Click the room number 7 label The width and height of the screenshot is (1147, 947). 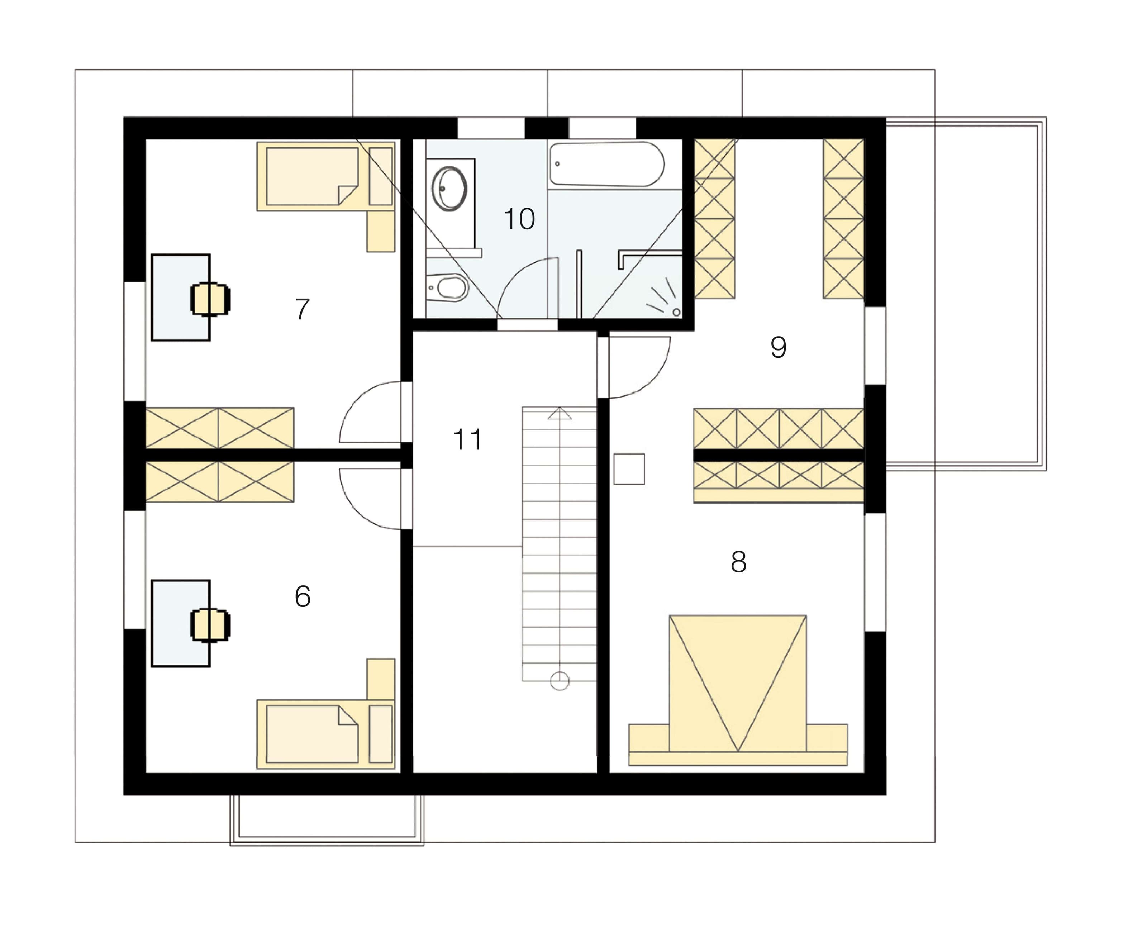tap(302, 309)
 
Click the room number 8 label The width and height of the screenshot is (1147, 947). tap(738, 562)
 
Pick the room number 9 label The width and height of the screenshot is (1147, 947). tap(778, 347)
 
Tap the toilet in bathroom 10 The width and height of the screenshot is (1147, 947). tap(447, 287)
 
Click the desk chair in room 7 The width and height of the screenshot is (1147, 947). tap(210, 299)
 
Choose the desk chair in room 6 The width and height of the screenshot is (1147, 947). tap(210, 625)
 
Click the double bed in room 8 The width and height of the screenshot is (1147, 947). tap(738, 690)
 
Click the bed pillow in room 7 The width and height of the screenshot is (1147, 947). tap(381, 176)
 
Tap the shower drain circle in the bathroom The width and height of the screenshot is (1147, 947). tap(676, 312)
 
